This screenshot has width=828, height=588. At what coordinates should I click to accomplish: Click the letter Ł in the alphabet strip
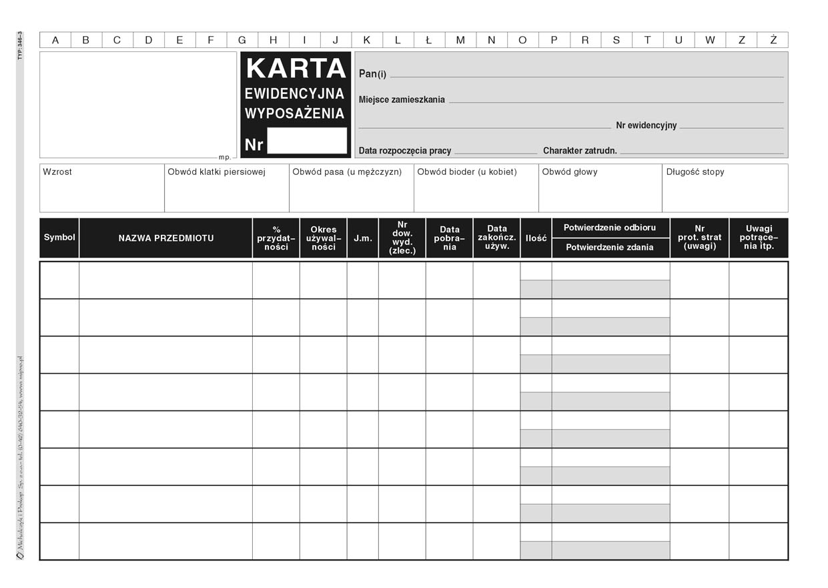(x=429, y=40)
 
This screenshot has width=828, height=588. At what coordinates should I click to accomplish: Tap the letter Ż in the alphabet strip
(x=773, y=40)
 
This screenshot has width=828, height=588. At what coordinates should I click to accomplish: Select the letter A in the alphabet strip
(x=55, y=40)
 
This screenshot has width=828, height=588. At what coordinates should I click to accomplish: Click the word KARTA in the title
(x=296, y=68)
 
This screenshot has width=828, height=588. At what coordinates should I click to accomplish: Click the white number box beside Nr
(x=307, y=141)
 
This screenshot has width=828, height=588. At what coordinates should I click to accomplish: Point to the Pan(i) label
(x=372, y=74)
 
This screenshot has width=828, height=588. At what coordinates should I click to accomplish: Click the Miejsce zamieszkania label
(x=402, y=99)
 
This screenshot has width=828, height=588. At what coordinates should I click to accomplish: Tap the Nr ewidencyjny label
(x=646, y=125)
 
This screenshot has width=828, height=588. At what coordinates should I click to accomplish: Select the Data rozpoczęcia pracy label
(x=405, y=151)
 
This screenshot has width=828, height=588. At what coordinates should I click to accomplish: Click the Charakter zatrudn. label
(x=580, y=151)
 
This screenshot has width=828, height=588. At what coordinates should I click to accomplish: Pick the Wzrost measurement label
(x=57, y=172)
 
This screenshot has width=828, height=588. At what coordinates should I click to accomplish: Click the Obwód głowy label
(x=570, y=172)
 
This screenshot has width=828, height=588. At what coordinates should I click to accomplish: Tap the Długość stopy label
(x=695, y=172)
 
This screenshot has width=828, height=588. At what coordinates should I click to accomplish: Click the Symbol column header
(x=59, y=238)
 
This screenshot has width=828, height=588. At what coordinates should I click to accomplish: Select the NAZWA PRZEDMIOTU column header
(x=166, y=238)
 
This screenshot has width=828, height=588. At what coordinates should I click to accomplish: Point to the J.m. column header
(x=363, y=238)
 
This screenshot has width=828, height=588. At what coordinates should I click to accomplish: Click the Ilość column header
(x=536, y=238)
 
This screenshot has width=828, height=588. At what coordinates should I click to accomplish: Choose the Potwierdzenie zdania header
(x=610, y=248)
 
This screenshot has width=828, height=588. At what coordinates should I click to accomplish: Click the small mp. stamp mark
(x=224, y=158)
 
